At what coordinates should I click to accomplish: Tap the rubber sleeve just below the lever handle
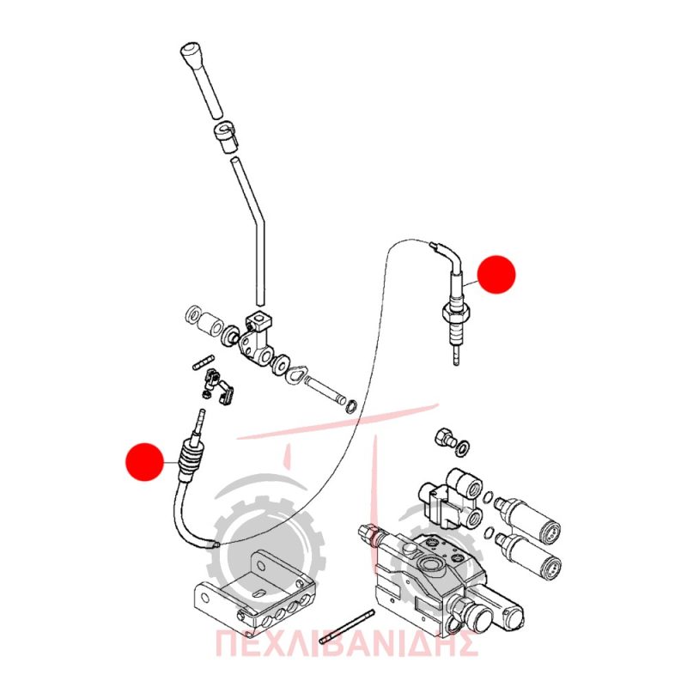(225, 137)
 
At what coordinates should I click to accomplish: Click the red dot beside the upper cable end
(496, 274)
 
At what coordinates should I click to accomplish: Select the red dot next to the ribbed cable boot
(144, 462)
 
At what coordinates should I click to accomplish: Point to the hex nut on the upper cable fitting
(455, 313)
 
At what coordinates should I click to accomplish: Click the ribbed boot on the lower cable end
(190, 460)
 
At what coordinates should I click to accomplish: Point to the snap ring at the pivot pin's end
(351, 406)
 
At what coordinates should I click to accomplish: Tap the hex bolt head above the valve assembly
(444, 436)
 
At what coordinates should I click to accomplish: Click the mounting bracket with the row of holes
(254, 591)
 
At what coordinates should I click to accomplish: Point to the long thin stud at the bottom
(347, 627)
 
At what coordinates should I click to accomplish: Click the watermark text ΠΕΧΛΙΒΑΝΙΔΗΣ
(347, 643)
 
